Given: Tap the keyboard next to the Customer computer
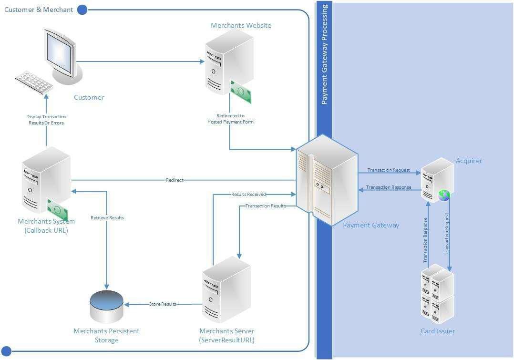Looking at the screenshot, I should [x=34, y=82].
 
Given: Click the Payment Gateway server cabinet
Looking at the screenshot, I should [x=327, y=179].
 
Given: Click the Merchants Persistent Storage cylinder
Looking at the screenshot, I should [x=106, y=306].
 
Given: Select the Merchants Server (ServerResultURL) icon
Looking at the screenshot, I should [x=226, y=290].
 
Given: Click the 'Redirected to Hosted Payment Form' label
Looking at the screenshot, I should [x=230, y=119].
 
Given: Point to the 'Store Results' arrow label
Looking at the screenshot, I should [x=163, y=304].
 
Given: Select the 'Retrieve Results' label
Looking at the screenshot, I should [x=107, y=218].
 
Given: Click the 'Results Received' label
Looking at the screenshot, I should [x=248, y=195].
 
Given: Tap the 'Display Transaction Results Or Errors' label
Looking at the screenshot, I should [x=46, y=120].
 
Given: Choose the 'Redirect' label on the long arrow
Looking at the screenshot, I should [x=175, y=180].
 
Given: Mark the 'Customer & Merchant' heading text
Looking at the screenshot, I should [x=39, y=10].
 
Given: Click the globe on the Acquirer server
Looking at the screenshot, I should [x=444, y=195].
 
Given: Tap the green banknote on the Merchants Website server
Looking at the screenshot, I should [x=241, y=92].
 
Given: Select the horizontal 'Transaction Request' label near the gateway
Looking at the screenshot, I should [x=389, y=170].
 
